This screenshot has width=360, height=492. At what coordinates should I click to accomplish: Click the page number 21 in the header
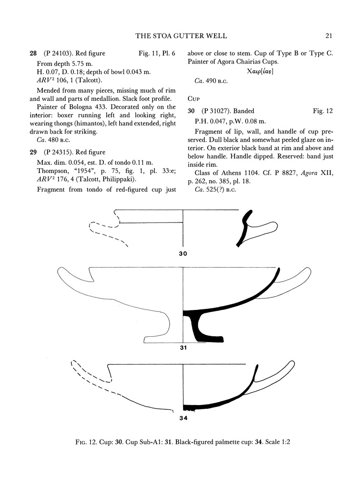[328, 36]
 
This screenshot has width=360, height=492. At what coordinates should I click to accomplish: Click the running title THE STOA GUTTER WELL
[181, 36]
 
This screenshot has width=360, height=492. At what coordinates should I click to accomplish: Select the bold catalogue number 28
[33, 54]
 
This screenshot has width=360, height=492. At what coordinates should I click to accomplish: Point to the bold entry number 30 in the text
[191, 111]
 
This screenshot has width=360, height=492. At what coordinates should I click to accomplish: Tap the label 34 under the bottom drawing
[183, 418]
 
